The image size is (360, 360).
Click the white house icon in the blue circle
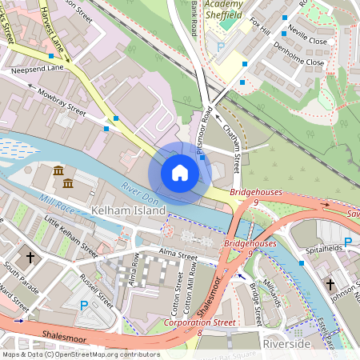point(180,173)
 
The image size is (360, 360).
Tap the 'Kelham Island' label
point(128,210)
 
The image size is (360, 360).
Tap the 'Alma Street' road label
point(177,256)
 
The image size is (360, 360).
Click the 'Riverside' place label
point(287,343)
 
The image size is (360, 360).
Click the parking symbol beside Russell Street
point(84,305)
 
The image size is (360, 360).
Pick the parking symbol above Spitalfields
point(347,242)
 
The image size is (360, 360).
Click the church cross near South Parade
point(30,258)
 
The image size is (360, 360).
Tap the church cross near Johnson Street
point(330,283)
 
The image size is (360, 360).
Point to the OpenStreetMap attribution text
point(81,354)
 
